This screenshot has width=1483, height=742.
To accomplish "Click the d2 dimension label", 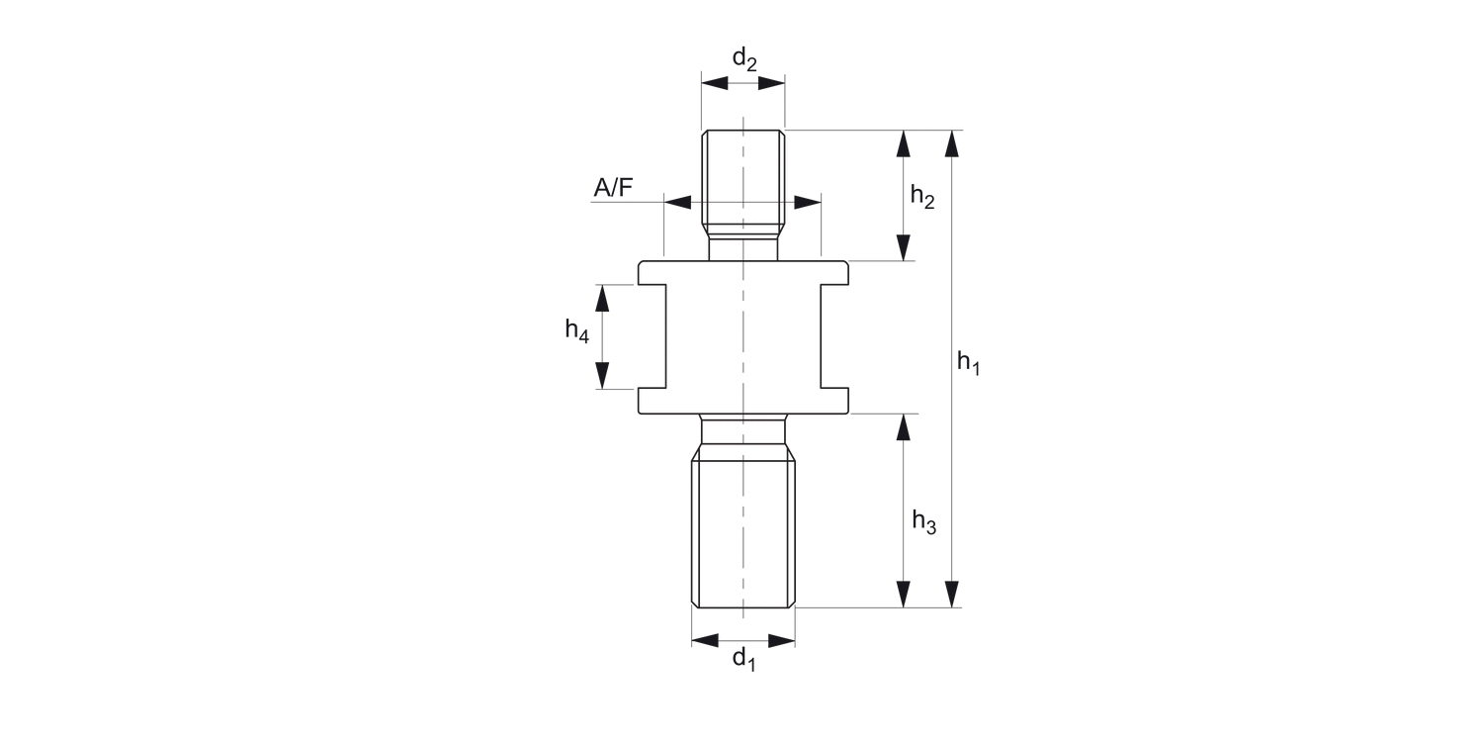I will [x=743, y=60].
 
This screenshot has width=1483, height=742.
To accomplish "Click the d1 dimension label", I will [x=743, y=659].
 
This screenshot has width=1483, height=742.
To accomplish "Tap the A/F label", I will [x=613, y=187].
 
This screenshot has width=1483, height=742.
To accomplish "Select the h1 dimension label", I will [x=969, y=363].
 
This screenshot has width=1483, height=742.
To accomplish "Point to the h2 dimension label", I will [x=922, y=196].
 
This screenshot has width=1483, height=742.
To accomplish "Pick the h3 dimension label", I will [x=923, y=520].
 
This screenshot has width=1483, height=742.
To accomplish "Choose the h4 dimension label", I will [x=577, y=330].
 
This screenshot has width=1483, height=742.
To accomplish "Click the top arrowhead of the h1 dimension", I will [x=951, y=143].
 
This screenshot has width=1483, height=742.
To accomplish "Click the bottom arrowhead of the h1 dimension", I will [x=951, y=594].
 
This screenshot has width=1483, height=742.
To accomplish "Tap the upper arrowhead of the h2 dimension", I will [x=903, y=143].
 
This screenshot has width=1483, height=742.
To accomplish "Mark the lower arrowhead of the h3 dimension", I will [x=903, y=594].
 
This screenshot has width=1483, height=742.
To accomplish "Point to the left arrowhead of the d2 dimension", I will [x=715, y=83].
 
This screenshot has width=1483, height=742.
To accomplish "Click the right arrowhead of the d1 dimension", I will [x=781, y=641].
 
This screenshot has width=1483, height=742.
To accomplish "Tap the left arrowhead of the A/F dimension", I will [x=678, y=203].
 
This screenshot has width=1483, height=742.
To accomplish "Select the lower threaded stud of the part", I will [x=743, y=529].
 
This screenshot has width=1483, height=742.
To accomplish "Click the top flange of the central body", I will [x=742, y=272].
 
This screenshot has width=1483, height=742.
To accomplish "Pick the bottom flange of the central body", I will [x=742, y=401].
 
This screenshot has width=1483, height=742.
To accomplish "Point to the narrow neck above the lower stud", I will [x=743, y=429].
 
